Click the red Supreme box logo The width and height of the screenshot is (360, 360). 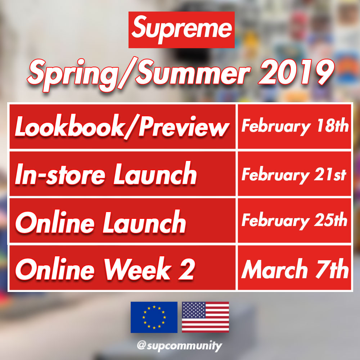[x=181, y=30]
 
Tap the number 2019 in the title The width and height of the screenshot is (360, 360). [x=296, y=73]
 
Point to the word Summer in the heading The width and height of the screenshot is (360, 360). [x=193, y=73]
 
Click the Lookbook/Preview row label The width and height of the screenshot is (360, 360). [x=122, y=127]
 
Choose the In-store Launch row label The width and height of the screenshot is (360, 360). [x=106, y=174]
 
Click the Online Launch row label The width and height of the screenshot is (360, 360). [x=100, y=222]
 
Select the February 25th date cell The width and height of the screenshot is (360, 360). [x=294, y=221]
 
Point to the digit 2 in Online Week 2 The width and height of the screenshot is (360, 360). [x=186, y=269]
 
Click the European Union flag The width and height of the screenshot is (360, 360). [x=154, y=317]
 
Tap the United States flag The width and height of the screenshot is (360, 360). [x=206, y=317]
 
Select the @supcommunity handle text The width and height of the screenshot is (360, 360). [x=180, y=346]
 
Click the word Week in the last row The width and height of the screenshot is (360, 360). [x=138, y=269]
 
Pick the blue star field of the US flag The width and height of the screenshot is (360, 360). [x=194, y=310]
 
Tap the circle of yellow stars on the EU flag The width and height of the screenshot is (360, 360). [x=154, y=317]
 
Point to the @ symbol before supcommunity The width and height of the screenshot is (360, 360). [x=141, y=345]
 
